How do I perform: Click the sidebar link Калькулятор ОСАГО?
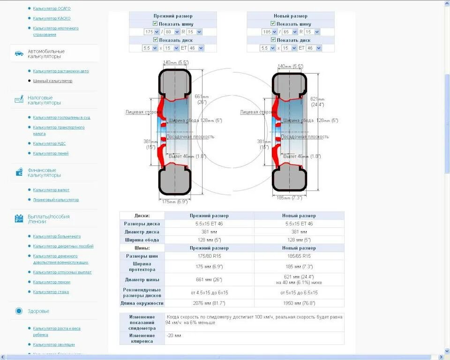[x=52, y=8]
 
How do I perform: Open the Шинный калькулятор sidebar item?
[x=52, y=81]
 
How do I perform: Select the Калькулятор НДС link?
[x=46, y=143]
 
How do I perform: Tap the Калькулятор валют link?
[x=51, y=190]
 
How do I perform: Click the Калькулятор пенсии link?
[x=52, y=282]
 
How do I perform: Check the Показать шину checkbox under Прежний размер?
[x=155, y=23]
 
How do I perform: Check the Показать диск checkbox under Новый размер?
[x=273, y=40]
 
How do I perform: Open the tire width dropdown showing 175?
[x=152, y=32]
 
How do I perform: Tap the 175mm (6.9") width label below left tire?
[x=175, y=202]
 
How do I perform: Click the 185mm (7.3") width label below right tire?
[x=289, y=198]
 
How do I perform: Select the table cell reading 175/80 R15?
[x=209, y=256]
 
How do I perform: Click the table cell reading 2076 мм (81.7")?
[x=209, y=303]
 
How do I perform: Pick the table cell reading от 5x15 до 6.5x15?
[x=299, y=292]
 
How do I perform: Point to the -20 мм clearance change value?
[x=174, y=336]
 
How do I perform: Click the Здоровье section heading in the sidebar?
[x=38, y=311]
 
